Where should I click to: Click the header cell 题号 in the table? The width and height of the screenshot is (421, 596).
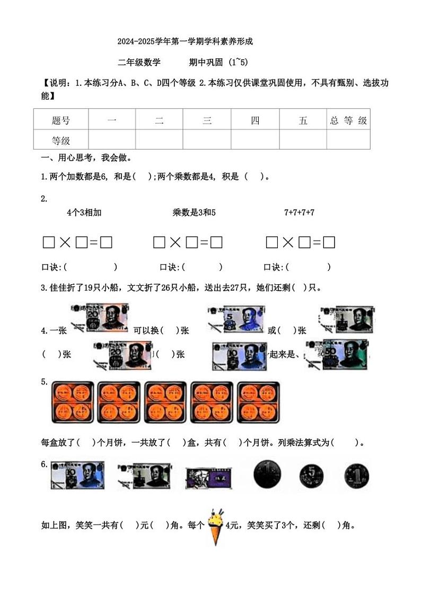tap(61, 120)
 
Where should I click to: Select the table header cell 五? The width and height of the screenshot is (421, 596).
tap(303, 120)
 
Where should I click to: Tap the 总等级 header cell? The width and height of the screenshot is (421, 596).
tap(348, 120)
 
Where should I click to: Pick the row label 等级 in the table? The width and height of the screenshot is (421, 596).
tap(61, 141)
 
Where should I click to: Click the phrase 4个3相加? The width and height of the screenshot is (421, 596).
tap(84, 213)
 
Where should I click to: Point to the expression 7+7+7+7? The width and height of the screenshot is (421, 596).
tap(299, 213)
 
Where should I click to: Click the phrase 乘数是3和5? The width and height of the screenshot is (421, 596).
tap(194, 213)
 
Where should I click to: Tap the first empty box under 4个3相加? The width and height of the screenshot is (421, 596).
tap(49, 243)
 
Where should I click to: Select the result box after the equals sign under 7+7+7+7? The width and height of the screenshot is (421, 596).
tap(329, 243)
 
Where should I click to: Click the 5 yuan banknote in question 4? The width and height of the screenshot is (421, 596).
tap(235, 319)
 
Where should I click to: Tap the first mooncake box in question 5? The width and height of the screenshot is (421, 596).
tap(73, 401)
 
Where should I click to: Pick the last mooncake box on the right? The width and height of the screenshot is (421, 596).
tap(258, 401)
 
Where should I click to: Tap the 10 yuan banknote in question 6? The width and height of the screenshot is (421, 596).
tap(77, 475)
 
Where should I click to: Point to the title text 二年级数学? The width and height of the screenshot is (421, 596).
tap(139, 63)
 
